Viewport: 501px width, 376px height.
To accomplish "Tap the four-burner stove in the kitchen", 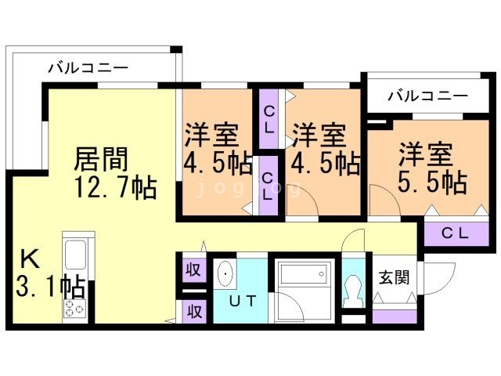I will [x=76, y=308].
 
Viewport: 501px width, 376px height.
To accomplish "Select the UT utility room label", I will [x=240, y=301].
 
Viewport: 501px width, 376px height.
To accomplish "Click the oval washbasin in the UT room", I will [x=225, y=273].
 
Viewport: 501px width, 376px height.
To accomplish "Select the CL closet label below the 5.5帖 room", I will [x=455, y=233].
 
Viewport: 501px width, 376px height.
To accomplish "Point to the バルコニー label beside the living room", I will [x=87, y=68].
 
